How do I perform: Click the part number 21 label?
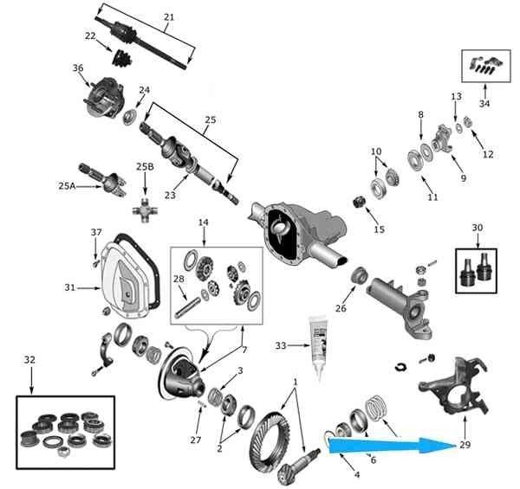[x=168, y=16]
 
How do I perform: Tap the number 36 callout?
[x=78, y=68]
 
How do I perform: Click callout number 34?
[x=484, y=105]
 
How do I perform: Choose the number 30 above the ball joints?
[x=478, y=228]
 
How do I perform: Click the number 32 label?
[x=29, y=358]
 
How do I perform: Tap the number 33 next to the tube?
[x=281, y=345]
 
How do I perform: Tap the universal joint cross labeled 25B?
[x=145, y=209]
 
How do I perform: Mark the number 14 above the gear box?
[x=204, y=223]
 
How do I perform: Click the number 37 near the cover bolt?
[x=96, y=232]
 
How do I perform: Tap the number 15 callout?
[x=379, y=229]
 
